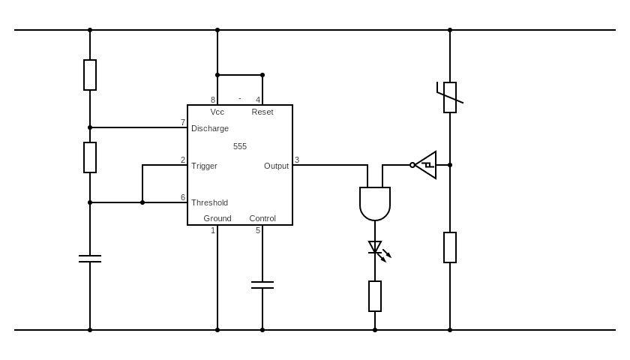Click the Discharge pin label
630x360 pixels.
click(x=209, y=128)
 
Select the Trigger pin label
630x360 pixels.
click(x=204, y=166)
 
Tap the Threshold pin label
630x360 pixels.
click(x=209, y=202)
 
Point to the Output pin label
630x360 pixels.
click(x=276, y=166)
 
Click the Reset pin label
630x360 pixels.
click(x=262, y=112)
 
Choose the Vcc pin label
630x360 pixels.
click(x=217, y=112)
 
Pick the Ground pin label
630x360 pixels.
click(x=217, y=218)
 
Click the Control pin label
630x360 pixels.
click(x=262, y=218)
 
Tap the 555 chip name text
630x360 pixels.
click(x=240, y=146)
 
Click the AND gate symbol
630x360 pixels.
click(x=375, y=203)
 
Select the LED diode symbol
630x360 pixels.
click(x=376, y=247)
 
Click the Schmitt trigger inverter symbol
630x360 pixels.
click(x=425, y=165)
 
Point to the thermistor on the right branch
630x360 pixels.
click(x=450, y=97)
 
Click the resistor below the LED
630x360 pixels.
click(x=375, y=296)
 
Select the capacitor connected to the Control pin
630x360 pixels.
click(x=262, y=285)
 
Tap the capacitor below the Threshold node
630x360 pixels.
click(x=90, y=259)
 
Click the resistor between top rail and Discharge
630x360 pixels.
click(x=90, y=75)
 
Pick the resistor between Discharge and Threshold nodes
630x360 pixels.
click(x=90, y=157)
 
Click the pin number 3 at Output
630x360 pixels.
click(x=297, y=160)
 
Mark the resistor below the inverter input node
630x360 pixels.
click(x=450, y=247)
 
